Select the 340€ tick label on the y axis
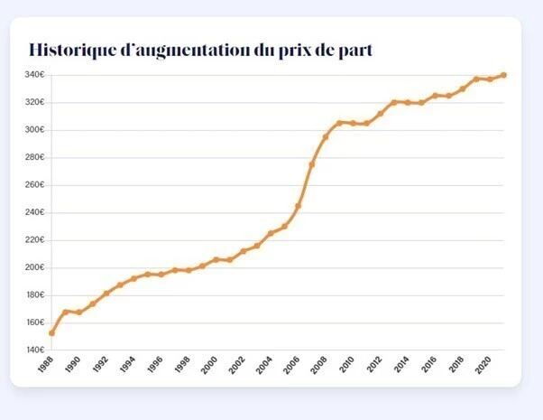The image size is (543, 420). point(35,75)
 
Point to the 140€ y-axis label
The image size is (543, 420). point(35,350)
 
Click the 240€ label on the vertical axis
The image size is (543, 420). point(35,212)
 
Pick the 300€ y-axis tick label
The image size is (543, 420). point(35,130)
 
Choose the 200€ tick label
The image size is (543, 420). point(35,267)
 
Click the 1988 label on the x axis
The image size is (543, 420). point(45,364)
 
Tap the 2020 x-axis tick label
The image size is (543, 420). point(483,364)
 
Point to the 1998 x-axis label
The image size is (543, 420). point(182,364)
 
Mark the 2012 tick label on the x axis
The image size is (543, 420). point(373,364)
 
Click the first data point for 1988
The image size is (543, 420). point(51,333)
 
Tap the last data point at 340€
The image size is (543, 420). point(503,75)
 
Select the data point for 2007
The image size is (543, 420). point(311,164)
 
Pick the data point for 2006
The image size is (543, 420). point(298,206)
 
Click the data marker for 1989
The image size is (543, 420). point(65,312)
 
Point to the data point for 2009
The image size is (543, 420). point(339,122)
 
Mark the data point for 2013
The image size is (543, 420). point(394,102)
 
